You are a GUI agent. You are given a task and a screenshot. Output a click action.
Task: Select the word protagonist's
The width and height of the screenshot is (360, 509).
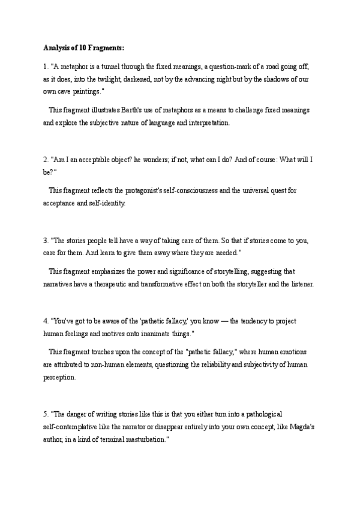coord(150,191)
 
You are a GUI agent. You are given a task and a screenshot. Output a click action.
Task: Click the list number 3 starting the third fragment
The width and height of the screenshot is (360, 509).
coord(45,241)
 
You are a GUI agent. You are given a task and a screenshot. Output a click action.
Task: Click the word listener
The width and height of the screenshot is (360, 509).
coord(301,283)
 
